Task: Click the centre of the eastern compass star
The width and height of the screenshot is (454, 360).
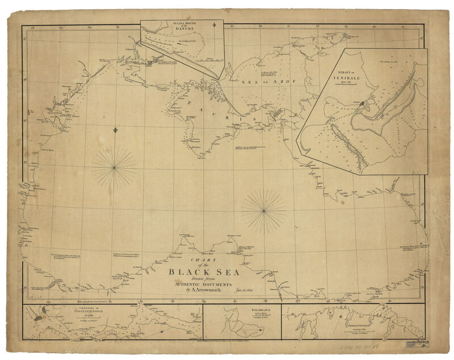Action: pos(264,210)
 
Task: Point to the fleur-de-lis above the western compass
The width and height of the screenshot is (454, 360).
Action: pos(115,130)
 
